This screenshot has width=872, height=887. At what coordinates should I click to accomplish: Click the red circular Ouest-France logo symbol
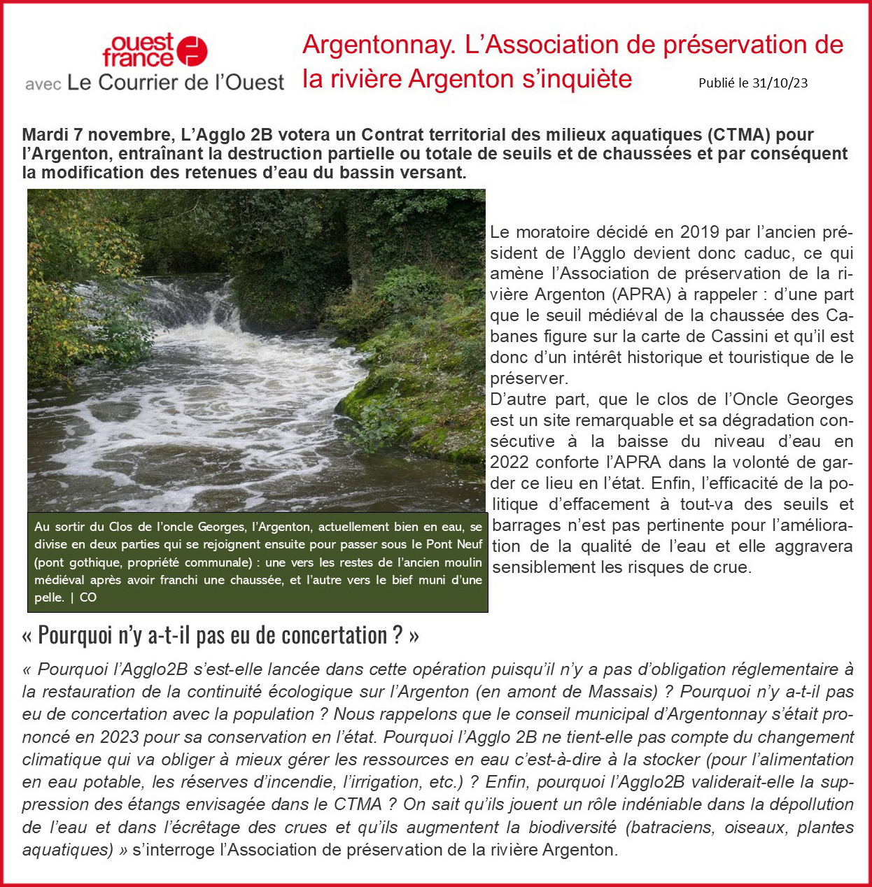pos(192,51)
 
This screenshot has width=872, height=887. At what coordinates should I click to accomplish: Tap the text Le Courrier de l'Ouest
pos(175,83)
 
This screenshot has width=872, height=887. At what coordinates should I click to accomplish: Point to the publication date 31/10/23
pos(780,83)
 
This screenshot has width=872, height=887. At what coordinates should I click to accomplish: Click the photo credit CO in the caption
pos(88,597)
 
